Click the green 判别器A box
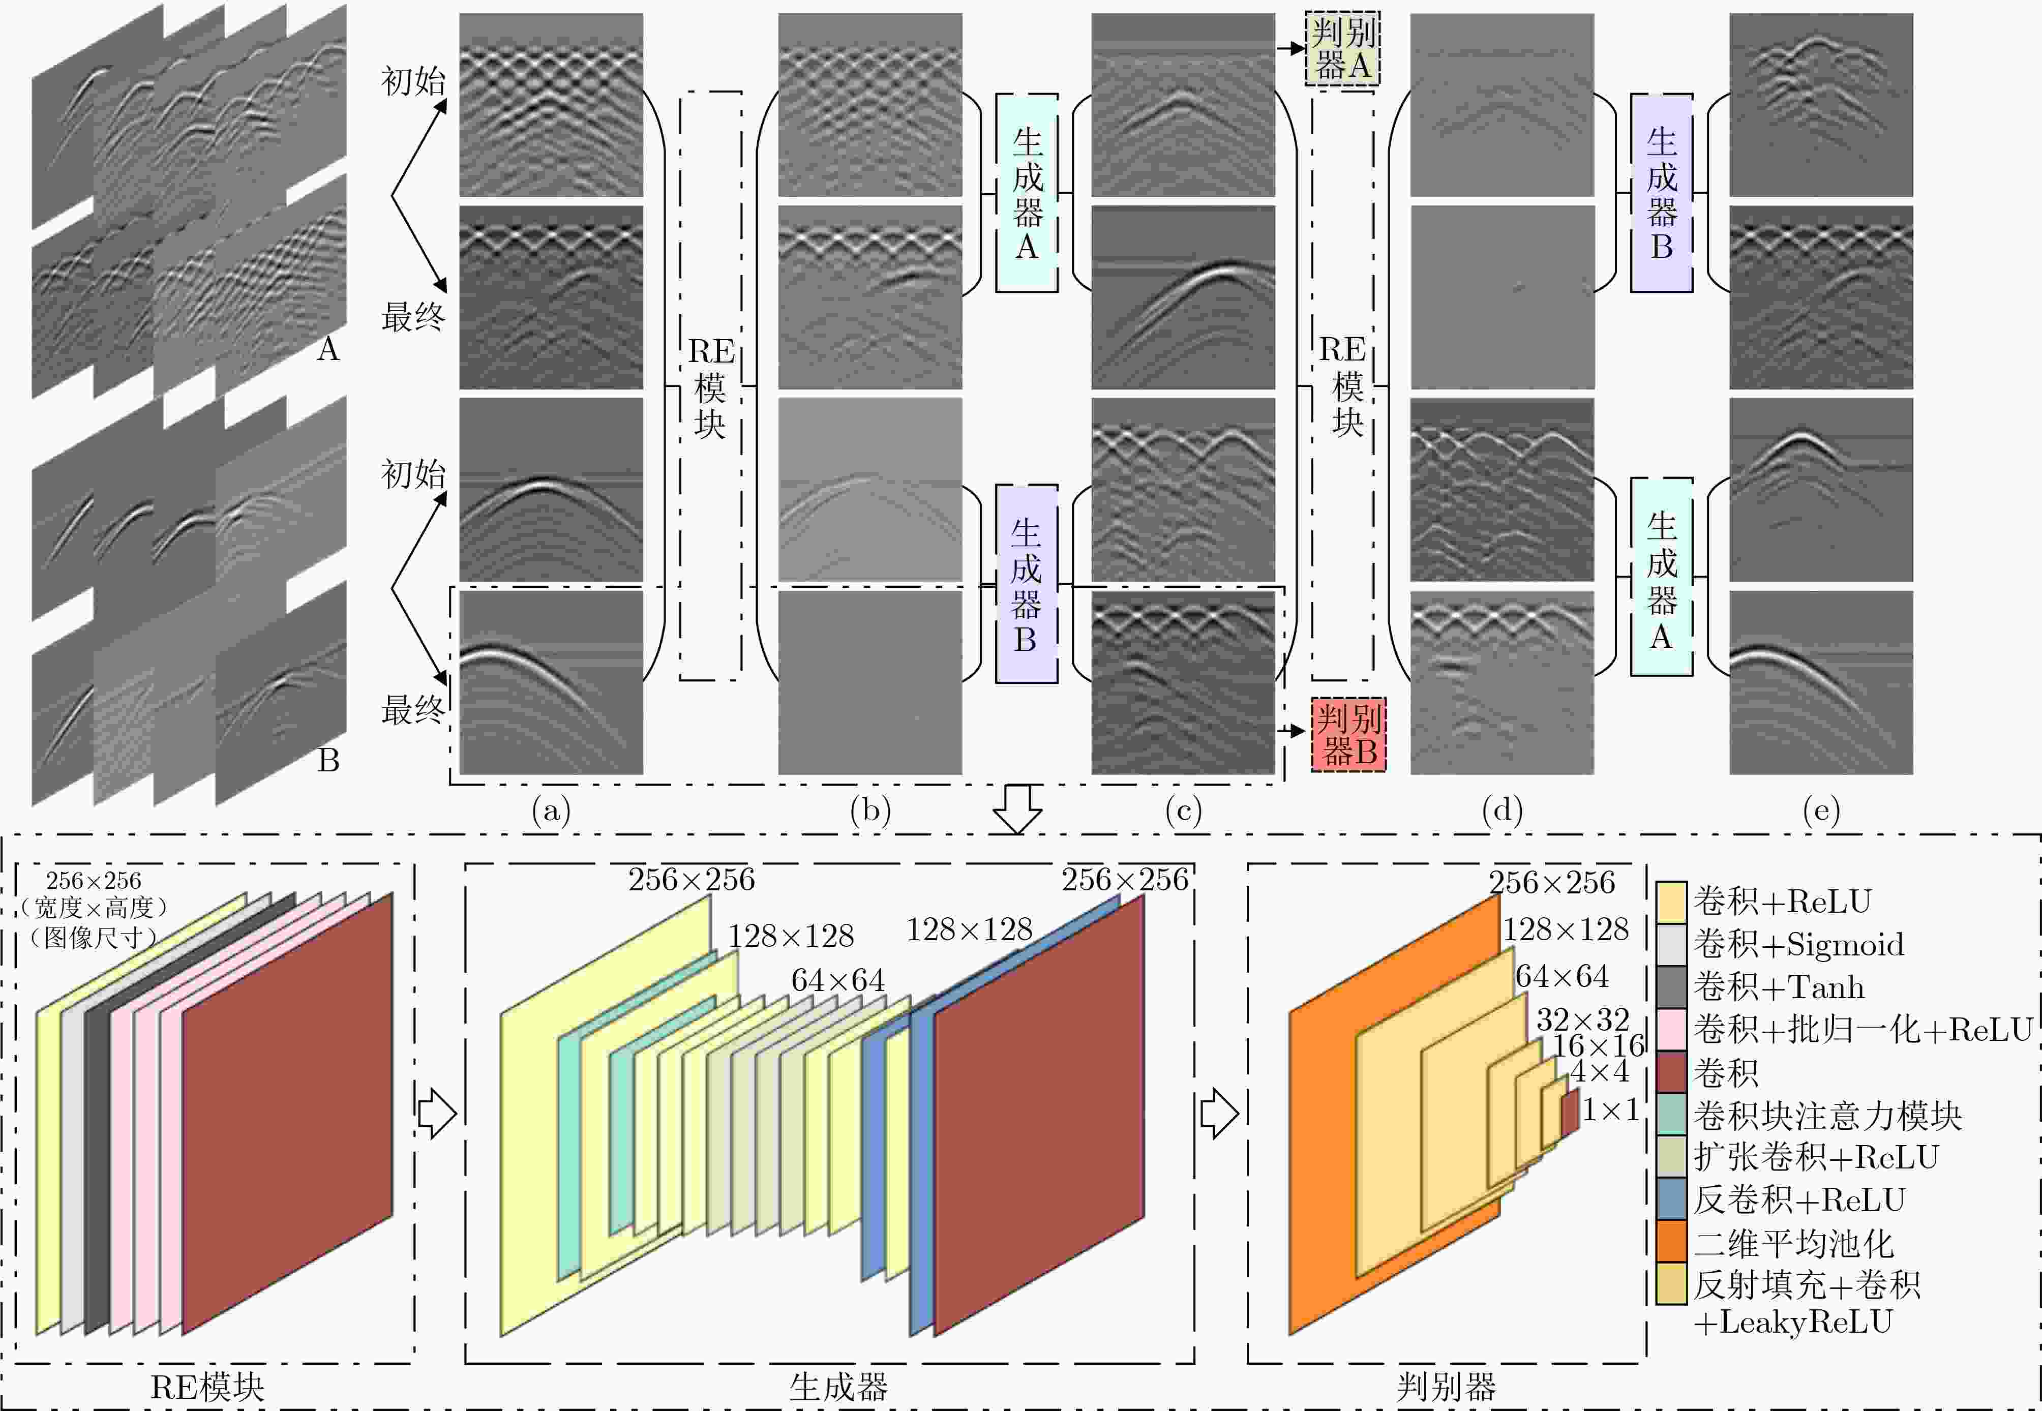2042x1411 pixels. (x=1342, y=49)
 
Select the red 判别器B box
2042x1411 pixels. (x=1348, y=734)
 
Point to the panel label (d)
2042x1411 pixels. (x=1502, y=810)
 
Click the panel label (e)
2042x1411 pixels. (x=1821, y=810)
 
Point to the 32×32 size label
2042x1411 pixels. (x=1582, y=1019)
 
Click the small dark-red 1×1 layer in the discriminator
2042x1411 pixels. (x=1570, y=1112)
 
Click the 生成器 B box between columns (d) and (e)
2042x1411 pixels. (x=1662, y=193)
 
